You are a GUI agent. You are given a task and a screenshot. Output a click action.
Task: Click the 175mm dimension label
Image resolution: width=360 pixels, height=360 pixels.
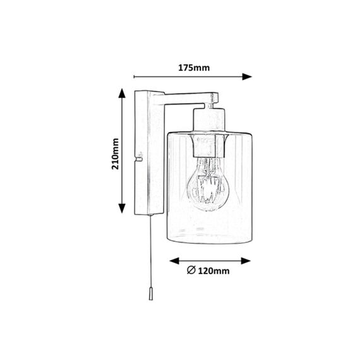coord(194,68)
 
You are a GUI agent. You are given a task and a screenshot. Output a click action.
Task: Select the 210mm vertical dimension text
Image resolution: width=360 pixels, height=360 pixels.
coord(115,154)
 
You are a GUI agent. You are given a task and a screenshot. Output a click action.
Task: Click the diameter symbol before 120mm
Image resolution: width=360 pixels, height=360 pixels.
coord(191,270)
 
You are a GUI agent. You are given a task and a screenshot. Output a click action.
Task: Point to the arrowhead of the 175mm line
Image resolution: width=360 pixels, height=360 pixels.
coord(248,76)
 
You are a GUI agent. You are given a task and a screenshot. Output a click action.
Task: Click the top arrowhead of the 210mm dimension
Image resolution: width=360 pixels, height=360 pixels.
coord(122,93)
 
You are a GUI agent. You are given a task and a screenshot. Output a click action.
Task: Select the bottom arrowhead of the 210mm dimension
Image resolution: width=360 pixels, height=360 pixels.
coord(122,208)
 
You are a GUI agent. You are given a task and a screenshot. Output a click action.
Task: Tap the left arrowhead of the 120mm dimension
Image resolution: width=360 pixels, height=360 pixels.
coord(174,261)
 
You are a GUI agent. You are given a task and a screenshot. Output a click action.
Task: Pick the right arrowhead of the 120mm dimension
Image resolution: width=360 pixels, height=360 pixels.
coord(246,261)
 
